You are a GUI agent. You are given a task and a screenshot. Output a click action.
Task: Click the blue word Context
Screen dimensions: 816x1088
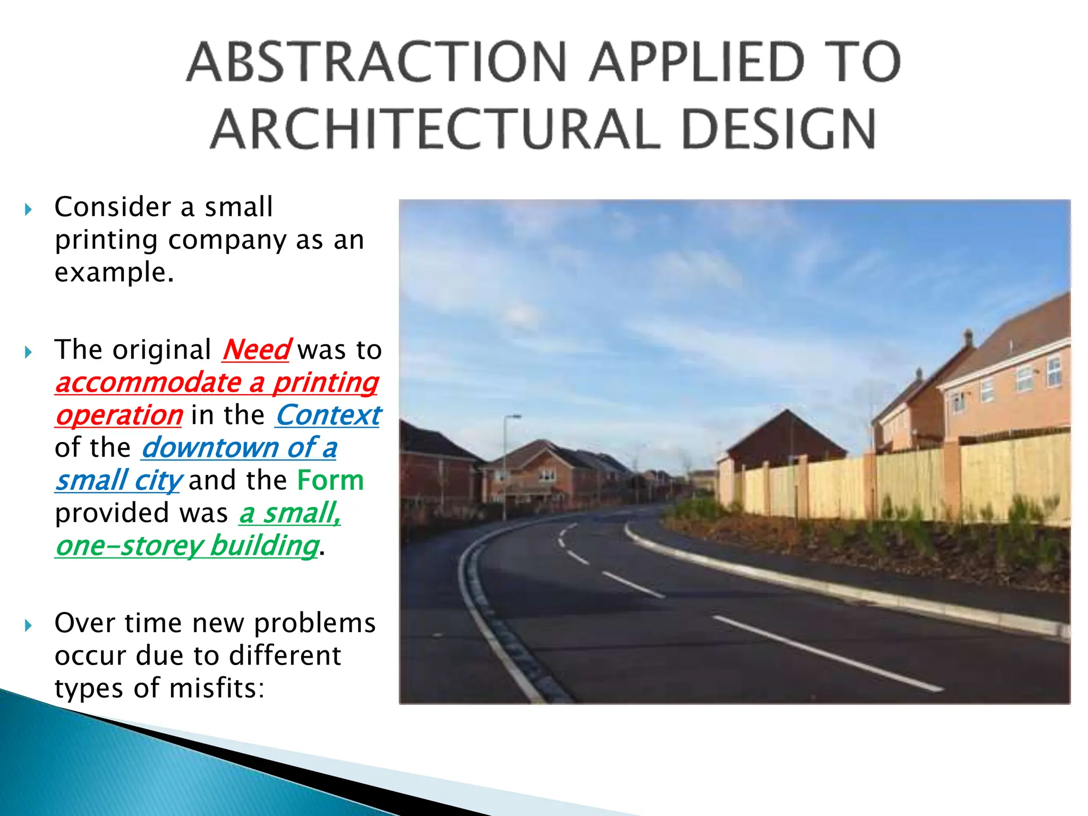tap(328, 415)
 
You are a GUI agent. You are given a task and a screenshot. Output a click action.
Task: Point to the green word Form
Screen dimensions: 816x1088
tap(330, 481)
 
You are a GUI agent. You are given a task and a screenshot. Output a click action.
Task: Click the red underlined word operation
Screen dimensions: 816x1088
tap(119, 415)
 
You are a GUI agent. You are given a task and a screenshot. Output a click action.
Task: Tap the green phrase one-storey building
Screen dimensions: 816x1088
tap(187, 546)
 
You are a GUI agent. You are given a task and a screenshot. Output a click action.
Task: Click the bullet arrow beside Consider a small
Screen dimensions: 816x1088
tap(29, 209)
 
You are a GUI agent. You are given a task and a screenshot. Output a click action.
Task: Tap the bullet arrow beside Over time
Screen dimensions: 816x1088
tap(29, 625)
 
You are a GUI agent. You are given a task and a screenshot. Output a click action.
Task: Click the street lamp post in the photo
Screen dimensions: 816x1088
tap(505, 467)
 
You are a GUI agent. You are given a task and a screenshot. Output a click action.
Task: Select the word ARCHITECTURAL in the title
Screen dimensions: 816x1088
tap(436, 129)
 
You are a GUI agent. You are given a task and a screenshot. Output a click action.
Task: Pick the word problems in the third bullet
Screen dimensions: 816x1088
tap(314, 623)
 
